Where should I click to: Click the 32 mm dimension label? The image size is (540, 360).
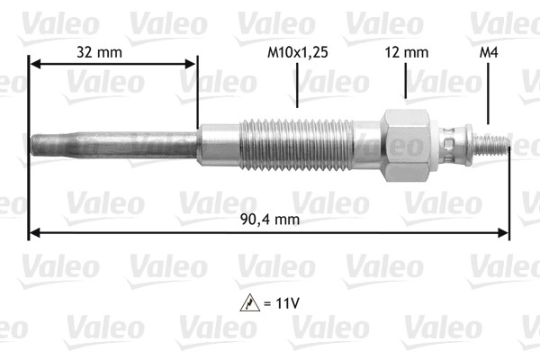99,53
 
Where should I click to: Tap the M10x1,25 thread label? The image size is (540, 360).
298,53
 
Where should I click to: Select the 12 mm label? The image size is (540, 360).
407,53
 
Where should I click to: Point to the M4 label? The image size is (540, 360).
489,53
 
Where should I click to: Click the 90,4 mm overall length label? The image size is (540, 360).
270,219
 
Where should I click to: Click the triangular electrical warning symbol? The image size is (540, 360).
250,303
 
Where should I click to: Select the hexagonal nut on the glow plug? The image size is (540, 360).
406,145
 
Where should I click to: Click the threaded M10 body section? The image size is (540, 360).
296,145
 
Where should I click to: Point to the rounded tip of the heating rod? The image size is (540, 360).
32,145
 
